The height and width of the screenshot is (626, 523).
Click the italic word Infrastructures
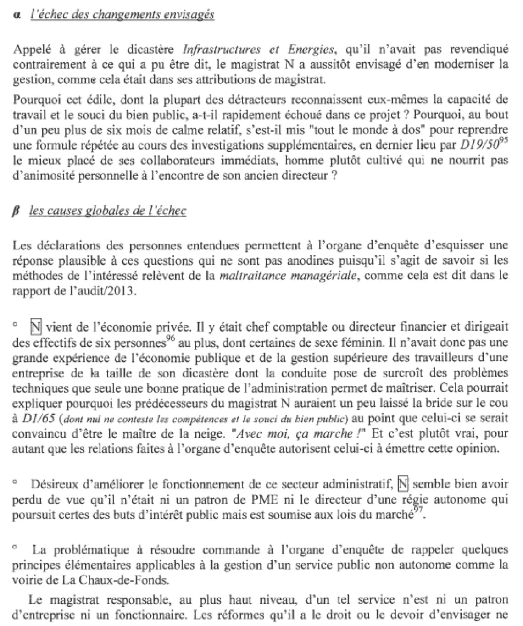click(222, 49)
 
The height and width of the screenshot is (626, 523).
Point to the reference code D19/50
click(477, 145)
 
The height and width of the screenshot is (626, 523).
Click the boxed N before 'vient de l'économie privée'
click(36, 327)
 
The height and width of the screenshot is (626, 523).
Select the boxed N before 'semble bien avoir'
click(402, 484)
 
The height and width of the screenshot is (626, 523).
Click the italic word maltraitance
click(248, 276)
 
